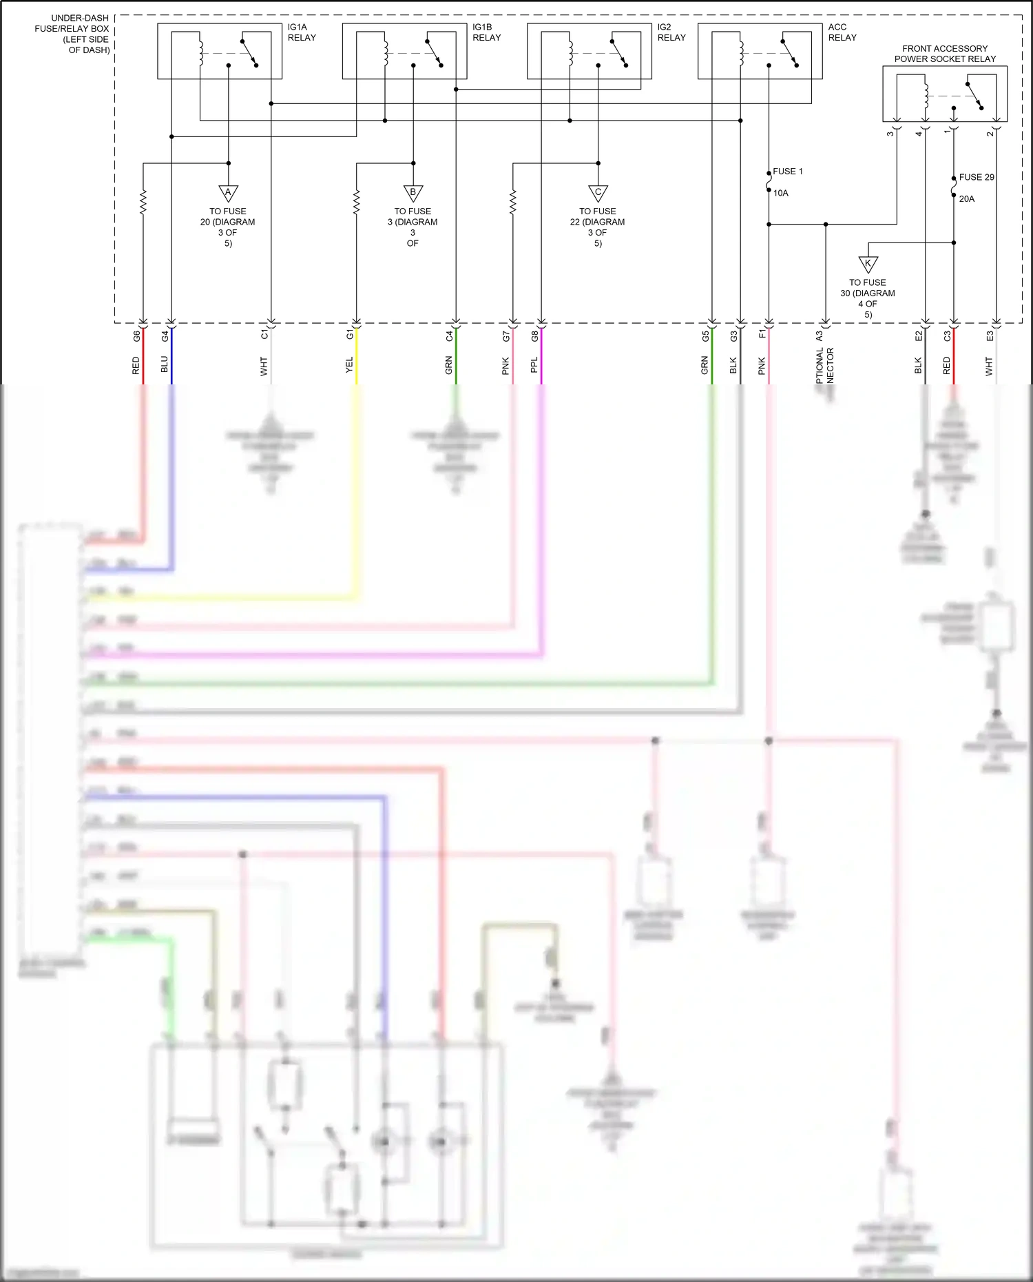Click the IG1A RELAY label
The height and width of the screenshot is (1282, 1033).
[302, 32]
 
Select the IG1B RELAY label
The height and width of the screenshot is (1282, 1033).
[486, 32]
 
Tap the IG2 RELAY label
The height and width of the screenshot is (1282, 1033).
[671, 32]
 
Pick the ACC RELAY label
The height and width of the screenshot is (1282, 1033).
[842, 32]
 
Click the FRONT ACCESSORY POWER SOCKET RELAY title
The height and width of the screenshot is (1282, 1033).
[945, 54]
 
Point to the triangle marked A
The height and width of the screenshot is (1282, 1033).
[228, 192]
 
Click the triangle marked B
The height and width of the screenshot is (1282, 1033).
[413, 192]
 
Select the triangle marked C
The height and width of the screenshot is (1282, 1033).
[598, 192]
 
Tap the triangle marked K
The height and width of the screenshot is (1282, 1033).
[868, 263]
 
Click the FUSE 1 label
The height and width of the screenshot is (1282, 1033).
[787, 172]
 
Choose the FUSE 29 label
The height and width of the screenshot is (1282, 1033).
[976, 177]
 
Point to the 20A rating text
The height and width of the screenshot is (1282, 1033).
[966, 199]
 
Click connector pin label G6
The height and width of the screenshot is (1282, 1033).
[136, 336]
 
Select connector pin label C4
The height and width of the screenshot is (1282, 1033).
[449, 336]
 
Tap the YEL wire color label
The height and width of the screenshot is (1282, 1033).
[349, 365]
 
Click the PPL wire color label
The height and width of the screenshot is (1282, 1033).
[534, 365]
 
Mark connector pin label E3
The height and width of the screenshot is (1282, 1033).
[990, 336]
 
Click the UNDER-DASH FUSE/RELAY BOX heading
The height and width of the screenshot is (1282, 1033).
[72, 34]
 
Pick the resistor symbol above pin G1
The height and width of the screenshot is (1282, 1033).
[356, 203]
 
